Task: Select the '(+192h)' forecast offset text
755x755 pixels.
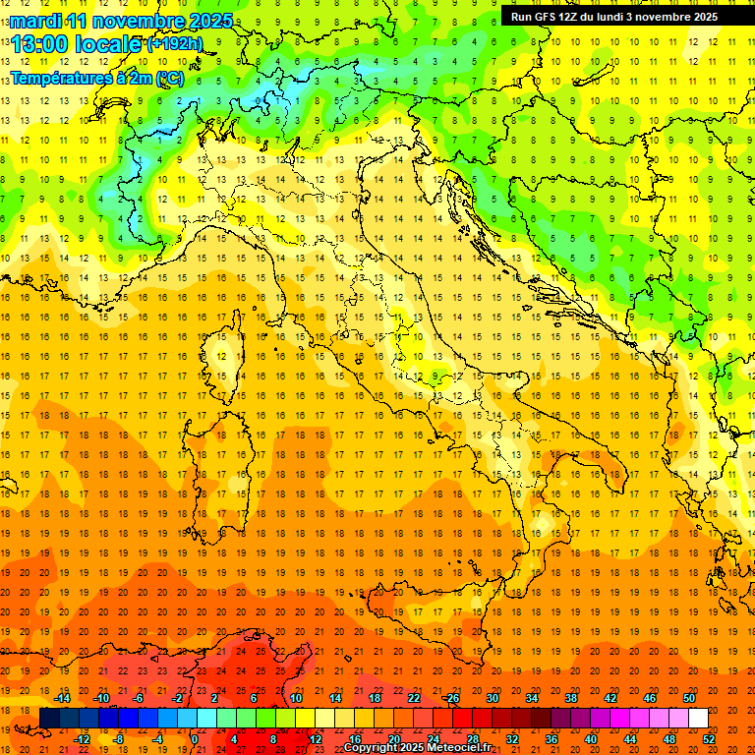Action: (176, 43)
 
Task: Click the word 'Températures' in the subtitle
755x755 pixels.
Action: (62, 78)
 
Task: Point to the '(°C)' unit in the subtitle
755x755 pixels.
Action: (168, 78)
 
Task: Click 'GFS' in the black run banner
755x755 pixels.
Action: (544, 16)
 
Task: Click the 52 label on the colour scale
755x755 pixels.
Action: (709, 739)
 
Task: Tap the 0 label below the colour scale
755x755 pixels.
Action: (196, 739)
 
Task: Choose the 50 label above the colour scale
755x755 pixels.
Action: (689, 698)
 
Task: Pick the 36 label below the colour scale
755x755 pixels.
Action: (552, 739)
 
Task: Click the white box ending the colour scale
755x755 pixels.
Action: (698, 719)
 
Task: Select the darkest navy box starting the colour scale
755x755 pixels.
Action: (49, 719)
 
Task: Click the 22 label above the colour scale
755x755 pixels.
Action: (414, 698)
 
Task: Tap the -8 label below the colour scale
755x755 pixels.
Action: (118, 739)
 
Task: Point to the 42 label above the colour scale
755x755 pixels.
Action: (610, 698)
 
